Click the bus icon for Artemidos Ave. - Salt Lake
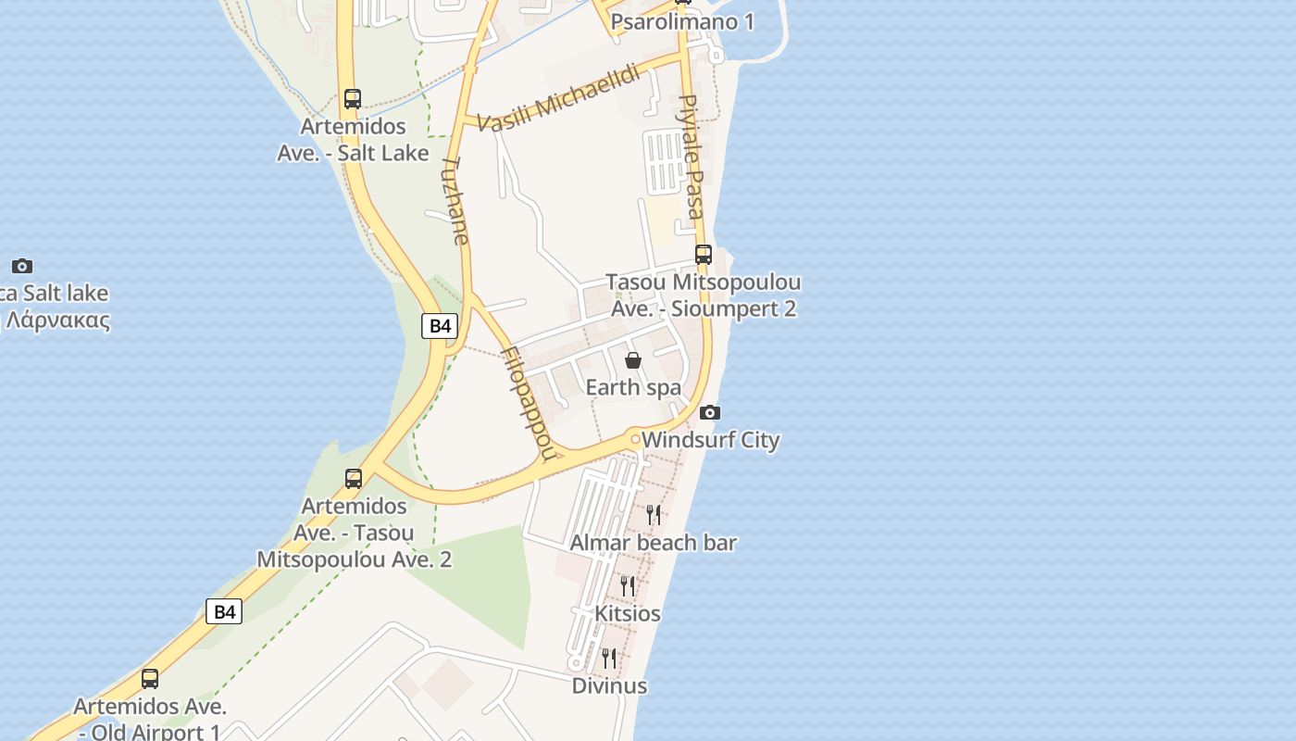pyautogui.click(x=352, y=98)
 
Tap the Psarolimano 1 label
pyautogui.click(x=682, y=21)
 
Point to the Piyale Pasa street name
pyautogui.click(x=692, y=156)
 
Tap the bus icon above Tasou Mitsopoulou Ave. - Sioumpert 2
pyautogui.click(x=704, y=254)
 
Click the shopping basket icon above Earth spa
pyautogui.click(x=633, y=360)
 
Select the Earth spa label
pyautogui.click(x=633, y=387)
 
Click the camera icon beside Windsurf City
pyautogui.click(x=710, y=412)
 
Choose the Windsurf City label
pyautogui.click(x=710, y=440)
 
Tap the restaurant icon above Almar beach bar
pyautogui.click(x=654, y=515)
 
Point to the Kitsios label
pyautogui.click(x=628, y=613)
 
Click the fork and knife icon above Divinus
pyautogui.click(x=609, y=658)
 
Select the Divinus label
pyautogui.click(x=609, y=685)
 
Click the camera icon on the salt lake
pyautogui.click(x=22, y=266)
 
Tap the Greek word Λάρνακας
pyautogui.click(x=57, y=321)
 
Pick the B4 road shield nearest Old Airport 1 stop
pyautogui.click(x=223, y=611)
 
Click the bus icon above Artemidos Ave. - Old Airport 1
pyautogui.click(x=150, y=678)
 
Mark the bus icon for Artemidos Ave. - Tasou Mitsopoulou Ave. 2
pyautogui.click(x=354, y=478)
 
